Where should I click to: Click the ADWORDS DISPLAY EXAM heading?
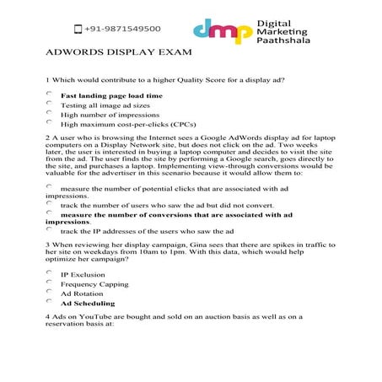119,51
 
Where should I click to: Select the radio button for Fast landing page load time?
51,94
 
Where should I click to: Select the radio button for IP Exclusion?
51,272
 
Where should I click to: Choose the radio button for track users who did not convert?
51,203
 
